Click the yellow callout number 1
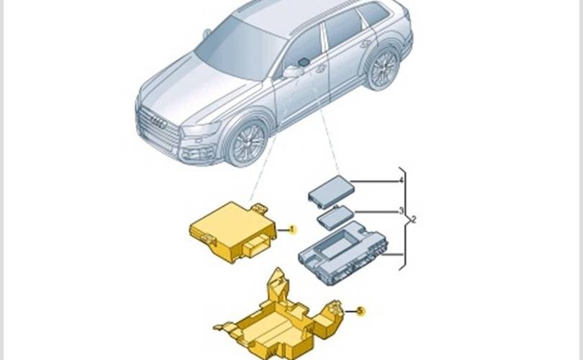pos(293,230)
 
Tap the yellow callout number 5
pos(360,311)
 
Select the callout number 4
pos(401,181)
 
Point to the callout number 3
pos(401,211)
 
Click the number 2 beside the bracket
pos(414,220)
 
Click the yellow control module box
pos(233,233)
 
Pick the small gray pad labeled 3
pos(335,217)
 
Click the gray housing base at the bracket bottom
pos(343,253)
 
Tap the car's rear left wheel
pos(383,68)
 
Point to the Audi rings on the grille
pos(158,122)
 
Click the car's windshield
pos(239,48)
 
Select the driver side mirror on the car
pos(293,71)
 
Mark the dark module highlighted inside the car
pos(304,61)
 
